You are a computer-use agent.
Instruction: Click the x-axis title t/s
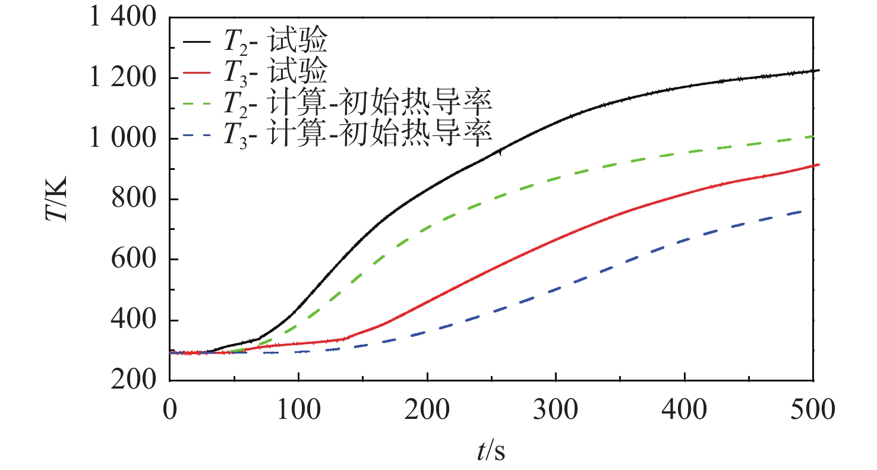click(x=491, y=453)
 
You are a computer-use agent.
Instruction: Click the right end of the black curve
click(x=819, y=70)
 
